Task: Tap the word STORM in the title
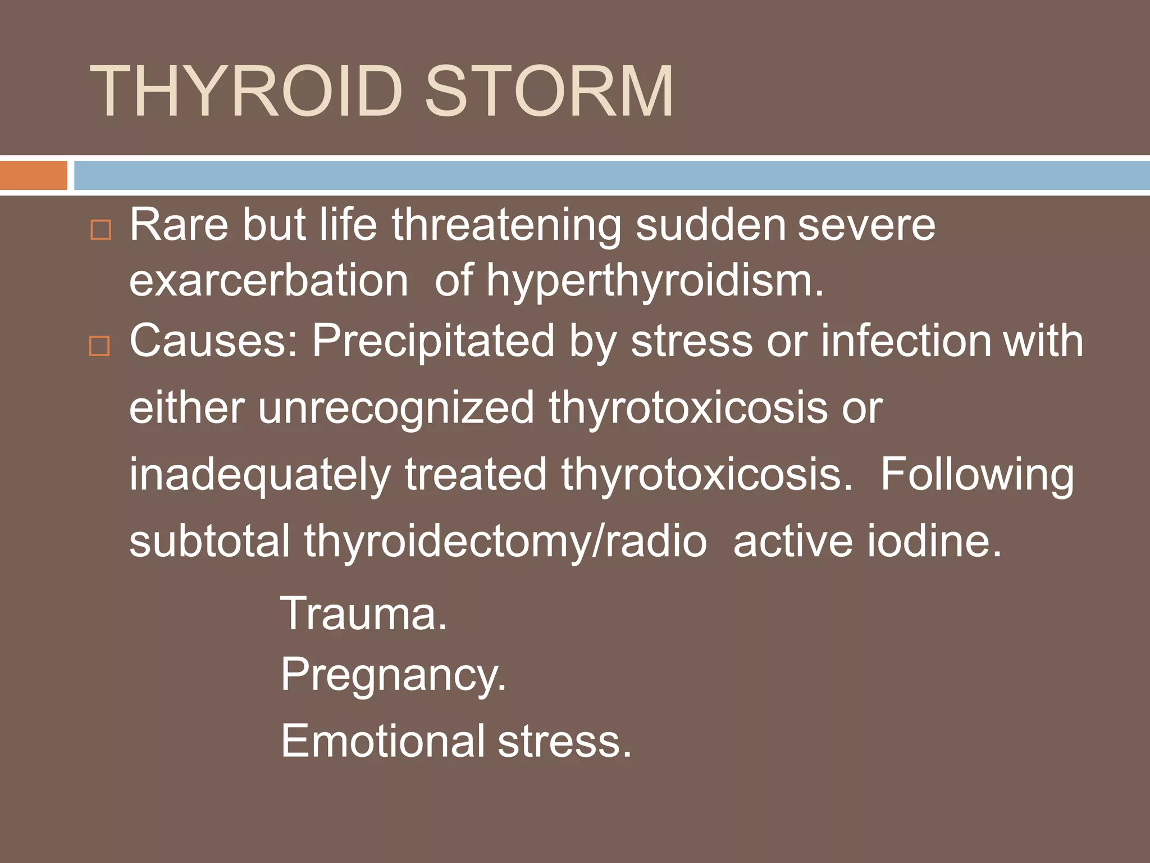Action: (x=549, y=91)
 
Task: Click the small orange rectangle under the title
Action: (x=33, y=175)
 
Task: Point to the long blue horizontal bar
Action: (x=611, y=175)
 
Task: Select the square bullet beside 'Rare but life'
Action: (x=101, y=230)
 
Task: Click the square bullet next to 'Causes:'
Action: (x=100, y=346)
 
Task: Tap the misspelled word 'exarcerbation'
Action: (x=268, y=280)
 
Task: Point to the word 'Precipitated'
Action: (x=433, y=340)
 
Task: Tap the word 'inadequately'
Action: (x=259, y=475)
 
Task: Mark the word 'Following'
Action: (x=976, y=475)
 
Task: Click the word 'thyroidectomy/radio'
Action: (x=505, y=541)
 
